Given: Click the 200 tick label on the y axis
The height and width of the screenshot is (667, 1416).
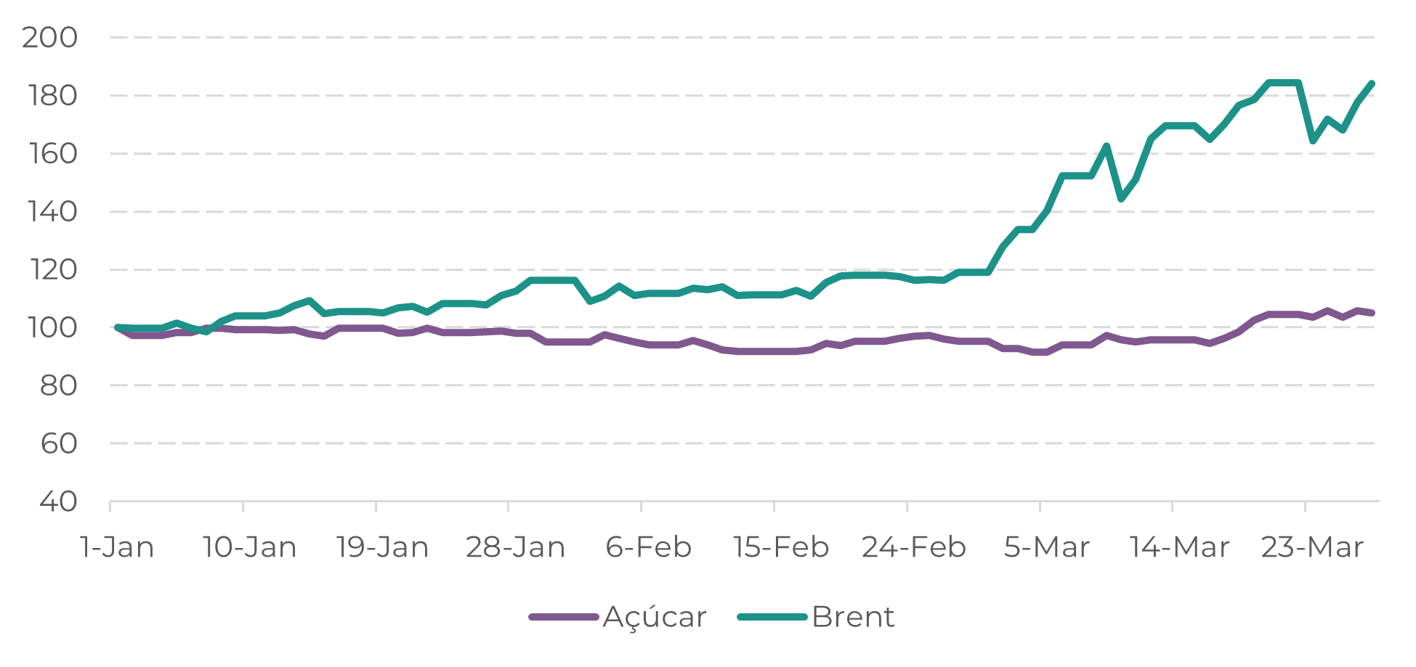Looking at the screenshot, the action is tap(49, 37).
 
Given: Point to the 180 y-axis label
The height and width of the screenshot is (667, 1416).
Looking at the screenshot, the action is tap(52, 95).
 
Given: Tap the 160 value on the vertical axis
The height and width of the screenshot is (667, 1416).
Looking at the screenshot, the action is tap(52, 153).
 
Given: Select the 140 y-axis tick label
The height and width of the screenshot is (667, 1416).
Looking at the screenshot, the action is tap(52, 211).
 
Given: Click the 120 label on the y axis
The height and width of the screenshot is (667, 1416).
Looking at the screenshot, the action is tap(52, 269).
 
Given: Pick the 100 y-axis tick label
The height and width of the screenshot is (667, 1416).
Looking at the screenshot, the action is tap(52, 327).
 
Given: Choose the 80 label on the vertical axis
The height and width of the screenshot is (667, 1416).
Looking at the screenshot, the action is tap(58, 385).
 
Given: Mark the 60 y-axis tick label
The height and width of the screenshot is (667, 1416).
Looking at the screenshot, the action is tap(58, 443).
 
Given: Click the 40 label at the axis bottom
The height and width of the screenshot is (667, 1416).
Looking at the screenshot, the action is tap(58, 501).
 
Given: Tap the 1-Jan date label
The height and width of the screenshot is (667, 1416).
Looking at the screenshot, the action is tap(117, 547).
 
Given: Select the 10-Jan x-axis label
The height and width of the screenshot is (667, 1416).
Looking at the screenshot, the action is tap(250, 547).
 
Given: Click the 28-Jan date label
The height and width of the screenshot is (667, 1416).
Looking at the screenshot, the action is tap(515, 547).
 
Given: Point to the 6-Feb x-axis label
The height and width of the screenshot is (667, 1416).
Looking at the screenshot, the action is tap(649, 547).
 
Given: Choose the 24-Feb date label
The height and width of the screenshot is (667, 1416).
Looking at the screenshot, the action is tap(914, 547).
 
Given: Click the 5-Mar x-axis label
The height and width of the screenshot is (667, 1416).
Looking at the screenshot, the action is tap(1047, 547).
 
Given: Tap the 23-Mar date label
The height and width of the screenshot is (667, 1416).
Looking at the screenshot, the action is tap(1312, 547).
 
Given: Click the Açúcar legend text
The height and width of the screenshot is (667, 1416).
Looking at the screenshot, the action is tap(655, 618).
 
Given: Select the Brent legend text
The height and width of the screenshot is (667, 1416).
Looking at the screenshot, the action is tap(853, 617).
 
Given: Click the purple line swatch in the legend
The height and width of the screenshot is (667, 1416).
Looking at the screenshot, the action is tap(564, 617).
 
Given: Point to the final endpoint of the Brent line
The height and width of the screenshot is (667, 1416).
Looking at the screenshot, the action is tap(1372, 83).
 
